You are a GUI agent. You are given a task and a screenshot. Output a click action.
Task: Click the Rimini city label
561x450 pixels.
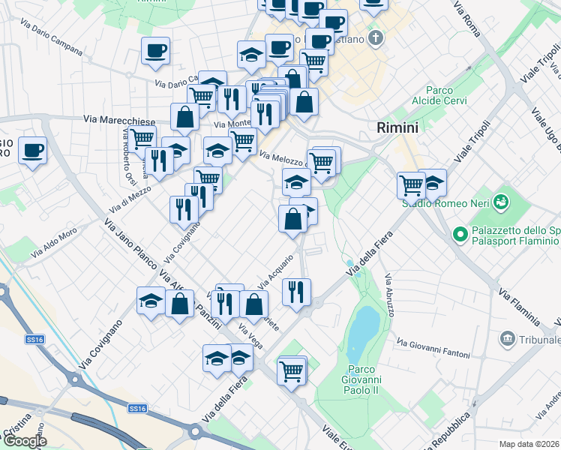397,127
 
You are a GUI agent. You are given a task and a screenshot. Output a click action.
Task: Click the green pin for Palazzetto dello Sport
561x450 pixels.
461,234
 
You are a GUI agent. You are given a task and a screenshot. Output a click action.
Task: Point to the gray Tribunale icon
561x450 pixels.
508,340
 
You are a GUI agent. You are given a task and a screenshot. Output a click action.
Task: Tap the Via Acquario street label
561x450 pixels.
275,274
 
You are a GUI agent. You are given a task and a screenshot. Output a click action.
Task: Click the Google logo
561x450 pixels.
25,441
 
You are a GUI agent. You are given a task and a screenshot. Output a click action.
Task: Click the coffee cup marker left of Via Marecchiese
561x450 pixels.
32,150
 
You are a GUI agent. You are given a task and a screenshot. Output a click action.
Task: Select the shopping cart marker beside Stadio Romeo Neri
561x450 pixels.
411,184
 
